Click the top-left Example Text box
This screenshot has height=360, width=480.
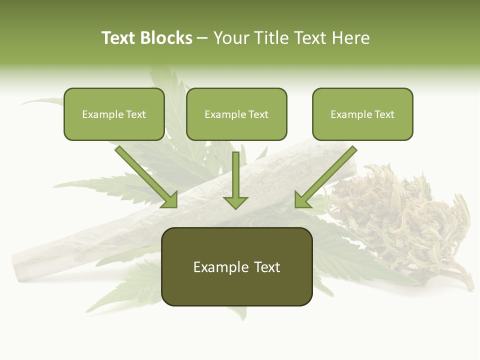click(x=114, y=114)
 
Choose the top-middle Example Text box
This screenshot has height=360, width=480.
click(x=236, y=114)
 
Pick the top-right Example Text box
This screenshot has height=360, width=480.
click(x=362, y=114)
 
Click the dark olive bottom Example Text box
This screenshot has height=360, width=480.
click(x=236, y=267)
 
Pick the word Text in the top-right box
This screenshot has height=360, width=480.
click(x=384, y=114)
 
